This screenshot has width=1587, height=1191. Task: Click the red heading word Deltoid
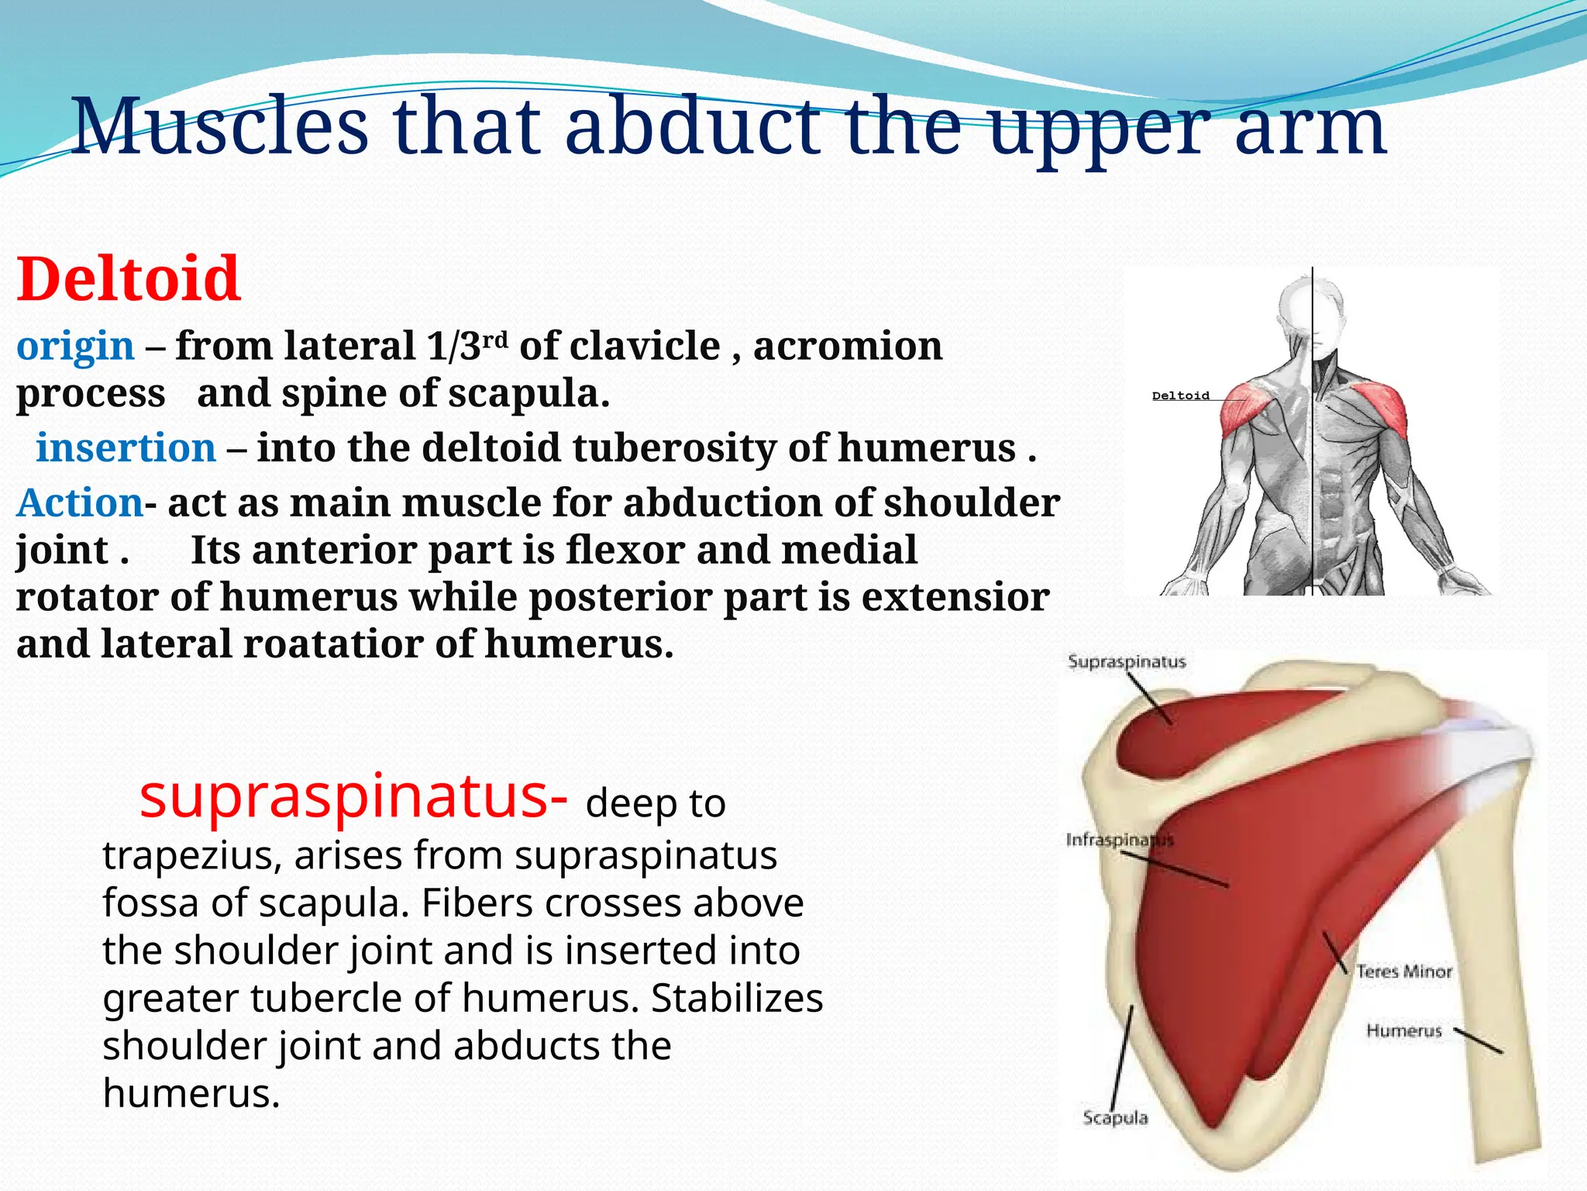point(129,278)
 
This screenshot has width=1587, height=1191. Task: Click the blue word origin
point(75,346)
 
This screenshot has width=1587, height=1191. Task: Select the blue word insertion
point(126,448)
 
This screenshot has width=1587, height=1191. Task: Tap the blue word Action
point(80,502)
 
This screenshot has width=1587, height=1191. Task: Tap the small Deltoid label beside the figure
point(1180,396)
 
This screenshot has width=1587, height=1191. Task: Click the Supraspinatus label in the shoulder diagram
point(1126,662)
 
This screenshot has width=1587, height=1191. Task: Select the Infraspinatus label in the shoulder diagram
point(1119,840)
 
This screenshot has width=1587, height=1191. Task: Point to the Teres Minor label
point(1403,972)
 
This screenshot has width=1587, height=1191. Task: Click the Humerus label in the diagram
point(1403,1031)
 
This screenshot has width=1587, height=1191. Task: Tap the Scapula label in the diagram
point(1114,1118)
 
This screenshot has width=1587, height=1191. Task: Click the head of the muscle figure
point(1311,306)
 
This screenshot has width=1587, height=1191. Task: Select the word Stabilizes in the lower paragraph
point(736,999)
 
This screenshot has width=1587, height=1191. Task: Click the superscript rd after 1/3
point(495,339)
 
